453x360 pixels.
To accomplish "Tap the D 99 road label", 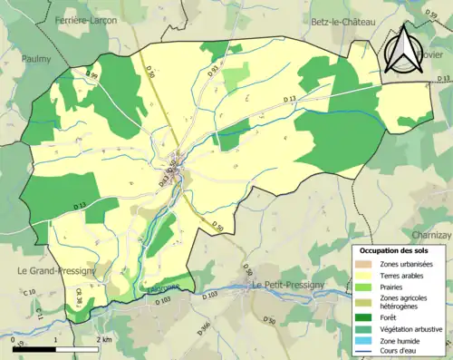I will tap(92, 74).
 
